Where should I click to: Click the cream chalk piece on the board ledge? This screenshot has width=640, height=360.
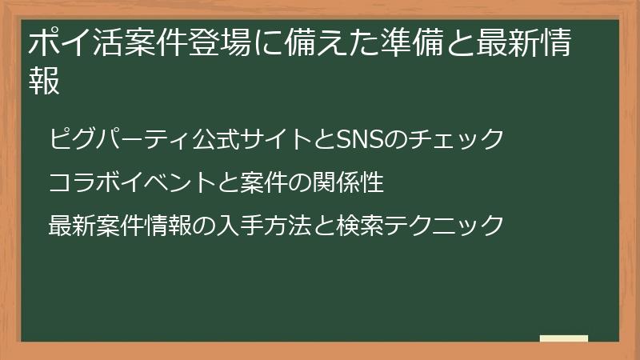563,338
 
